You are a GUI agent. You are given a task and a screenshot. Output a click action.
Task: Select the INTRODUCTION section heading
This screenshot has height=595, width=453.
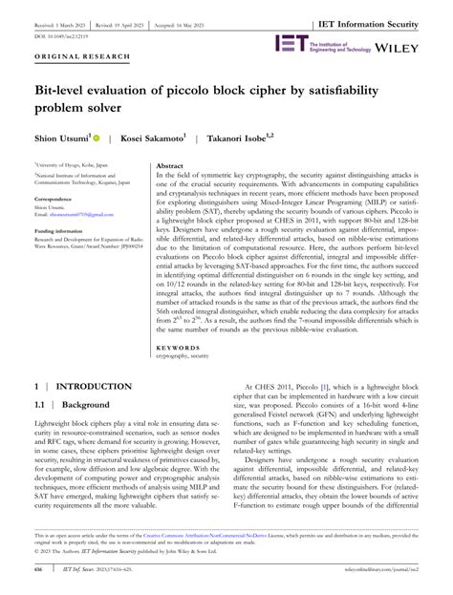(94, 386)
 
